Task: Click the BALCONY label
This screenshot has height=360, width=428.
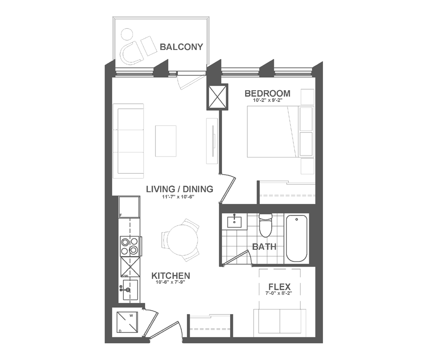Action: click(x=181, y=47)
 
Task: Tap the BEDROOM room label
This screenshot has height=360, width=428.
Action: click(x=267, y=93)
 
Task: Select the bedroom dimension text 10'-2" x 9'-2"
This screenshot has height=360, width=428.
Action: click(x=267, y=100)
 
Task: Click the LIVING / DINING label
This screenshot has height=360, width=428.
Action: click(x=179, y=189)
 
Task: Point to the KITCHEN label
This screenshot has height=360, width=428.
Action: click(x=171, y=276)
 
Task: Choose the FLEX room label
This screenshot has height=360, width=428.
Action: click(x=280, y=287)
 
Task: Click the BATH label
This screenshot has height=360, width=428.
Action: click(x=264, y=247)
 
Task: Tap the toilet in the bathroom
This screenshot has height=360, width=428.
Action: click(x=266, y=225)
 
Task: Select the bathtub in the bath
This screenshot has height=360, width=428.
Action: click(x=297, y=238)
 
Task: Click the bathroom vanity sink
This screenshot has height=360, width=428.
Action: click(x=234, y=222)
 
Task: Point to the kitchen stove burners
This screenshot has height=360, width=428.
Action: click(x=130, y=246)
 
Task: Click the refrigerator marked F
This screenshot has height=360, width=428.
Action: click(x=129, y=207)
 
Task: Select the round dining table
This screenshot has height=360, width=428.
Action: click(x=182, y=240)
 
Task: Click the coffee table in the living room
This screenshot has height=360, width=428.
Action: click(x=166, y=141)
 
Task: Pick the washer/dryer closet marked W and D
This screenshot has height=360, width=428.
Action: click(x=127, y=322)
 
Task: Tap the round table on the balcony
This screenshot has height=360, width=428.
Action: click(x=126, y=35)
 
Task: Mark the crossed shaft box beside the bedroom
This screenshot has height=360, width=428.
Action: click(x=217, y=97)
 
